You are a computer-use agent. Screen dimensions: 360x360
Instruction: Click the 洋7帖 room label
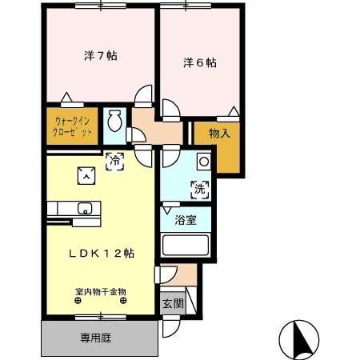click(101, 57)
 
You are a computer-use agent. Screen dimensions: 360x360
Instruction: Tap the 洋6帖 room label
click(199, 62)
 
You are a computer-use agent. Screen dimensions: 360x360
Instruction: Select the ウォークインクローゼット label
click(73, 126)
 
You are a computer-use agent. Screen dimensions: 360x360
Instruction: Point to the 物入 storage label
click(219, 134)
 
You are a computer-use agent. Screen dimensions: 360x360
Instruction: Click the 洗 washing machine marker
click(199, 190)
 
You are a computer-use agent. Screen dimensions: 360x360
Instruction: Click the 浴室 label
click(186, 220)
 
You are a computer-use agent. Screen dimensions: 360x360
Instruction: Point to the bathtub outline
click(185, 245)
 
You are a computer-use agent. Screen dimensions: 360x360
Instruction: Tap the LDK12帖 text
click(100, 253)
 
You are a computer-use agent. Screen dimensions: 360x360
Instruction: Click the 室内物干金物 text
click(101, 291)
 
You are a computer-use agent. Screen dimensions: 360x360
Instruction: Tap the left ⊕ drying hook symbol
click(78, 302)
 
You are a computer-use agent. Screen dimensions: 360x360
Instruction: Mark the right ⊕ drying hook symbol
click(123, 302)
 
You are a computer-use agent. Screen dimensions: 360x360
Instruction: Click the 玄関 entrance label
click(173, 303)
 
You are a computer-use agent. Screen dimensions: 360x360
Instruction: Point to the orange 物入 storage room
click(218, 148)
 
